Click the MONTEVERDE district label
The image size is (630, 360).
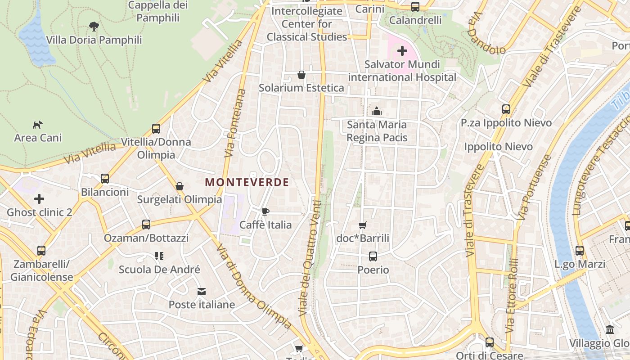(x=247, y=182)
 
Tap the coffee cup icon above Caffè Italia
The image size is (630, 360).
(x=265, y=211)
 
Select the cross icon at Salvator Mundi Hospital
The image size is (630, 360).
(x=402, y=51)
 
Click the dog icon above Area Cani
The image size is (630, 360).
(x=38, y=124)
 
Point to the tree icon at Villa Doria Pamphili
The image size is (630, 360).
(x=94, y=26)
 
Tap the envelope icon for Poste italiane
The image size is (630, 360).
(x=202, y=292)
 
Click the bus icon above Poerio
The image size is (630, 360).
(x=373, y=256)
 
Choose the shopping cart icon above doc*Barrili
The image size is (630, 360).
(x=363, y=225)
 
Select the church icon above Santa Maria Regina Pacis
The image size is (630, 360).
(x=377, y=111)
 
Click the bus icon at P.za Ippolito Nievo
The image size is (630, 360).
(x=506, y=109)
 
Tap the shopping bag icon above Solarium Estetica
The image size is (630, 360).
(x=301, y=74)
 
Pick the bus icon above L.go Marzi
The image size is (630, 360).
(x=580, y=251)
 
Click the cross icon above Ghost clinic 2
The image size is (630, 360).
(x=39, y=198)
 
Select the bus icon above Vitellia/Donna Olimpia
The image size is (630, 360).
(x=156, y=129)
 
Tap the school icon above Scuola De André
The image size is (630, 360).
(x=159, y=256)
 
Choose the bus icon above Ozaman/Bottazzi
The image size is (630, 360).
(x=146, y=225)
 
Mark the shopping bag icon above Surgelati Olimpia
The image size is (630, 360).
(x=180, y=186)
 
